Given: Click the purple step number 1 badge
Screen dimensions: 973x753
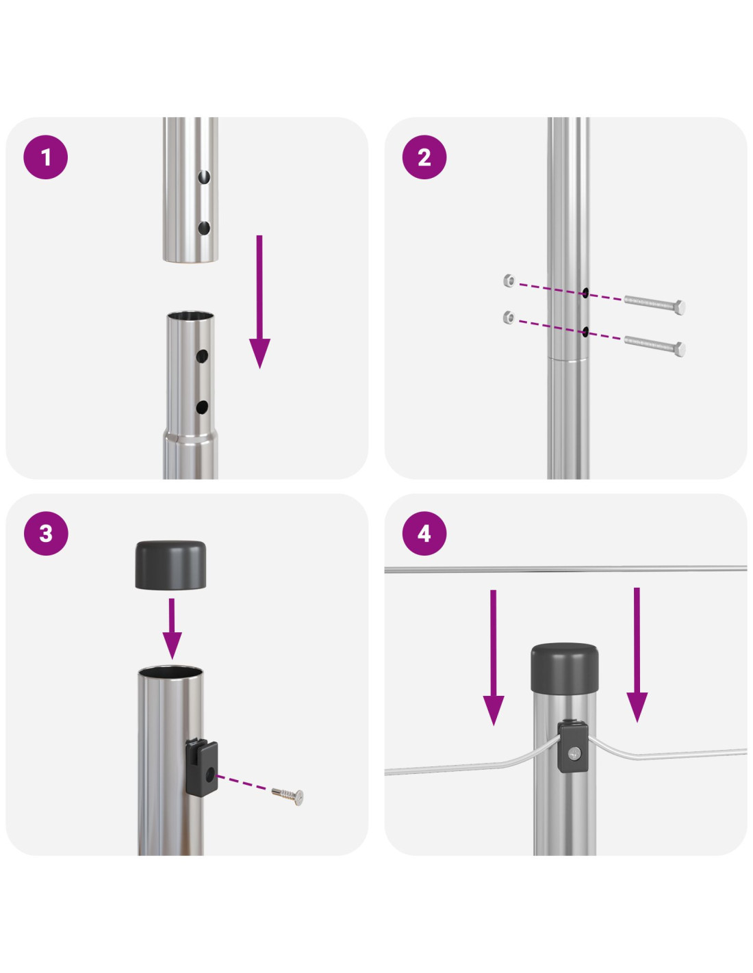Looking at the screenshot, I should [46, 157].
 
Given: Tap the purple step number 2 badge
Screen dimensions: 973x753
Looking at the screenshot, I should [424, 157].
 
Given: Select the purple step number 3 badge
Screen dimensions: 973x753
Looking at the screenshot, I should [46, 534].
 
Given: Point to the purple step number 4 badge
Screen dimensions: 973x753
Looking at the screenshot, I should [424, 534].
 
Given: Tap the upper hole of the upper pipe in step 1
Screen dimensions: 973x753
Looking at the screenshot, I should [204, 177].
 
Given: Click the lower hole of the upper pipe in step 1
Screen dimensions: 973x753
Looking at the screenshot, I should [203, 228].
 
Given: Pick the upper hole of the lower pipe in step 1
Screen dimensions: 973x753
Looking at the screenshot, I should [202, 356].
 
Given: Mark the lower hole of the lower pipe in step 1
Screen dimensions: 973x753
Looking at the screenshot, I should [202, 407].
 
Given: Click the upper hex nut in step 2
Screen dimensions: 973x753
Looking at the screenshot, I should [509, 280].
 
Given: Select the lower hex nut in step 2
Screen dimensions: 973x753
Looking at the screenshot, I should [509, 317].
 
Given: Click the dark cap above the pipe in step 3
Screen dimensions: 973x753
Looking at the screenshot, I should [170, 565].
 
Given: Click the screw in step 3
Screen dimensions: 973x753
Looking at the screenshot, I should [288, 794].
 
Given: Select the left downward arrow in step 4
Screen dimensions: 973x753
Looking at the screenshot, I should [494, 657].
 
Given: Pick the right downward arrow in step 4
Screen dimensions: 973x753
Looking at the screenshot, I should [637, 654].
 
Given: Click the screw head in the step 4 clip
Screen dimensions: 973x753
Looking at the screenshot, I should [574, 753].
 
